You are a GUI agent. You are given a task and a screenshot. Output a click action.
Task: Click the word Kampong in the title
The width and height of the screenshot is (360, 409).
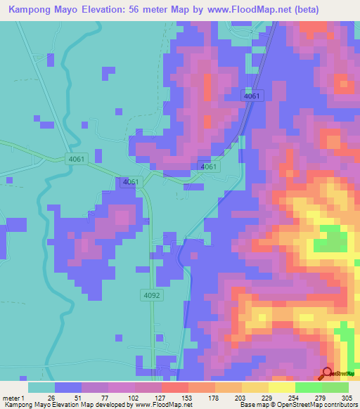point(29,10)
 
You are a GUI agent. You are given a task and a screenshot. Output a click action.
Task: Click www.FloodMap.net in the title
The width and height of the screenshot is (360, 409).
point(245,10)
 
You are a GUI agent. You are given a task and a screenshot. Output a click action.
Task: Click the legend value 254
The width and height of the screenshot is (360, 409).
point(282,397)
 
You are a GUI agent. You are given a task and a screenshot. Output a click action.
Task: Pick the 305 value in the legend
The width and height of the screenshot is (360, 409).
point(335,397)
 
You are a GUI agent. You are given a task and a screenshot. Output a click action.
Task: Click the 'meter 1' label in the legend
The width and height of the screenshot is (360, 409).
point(11,397)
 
